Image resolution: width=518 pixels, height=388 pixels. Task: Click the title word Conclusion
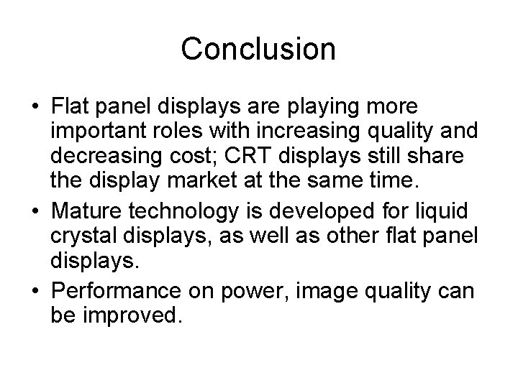[x=258, y=49]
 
